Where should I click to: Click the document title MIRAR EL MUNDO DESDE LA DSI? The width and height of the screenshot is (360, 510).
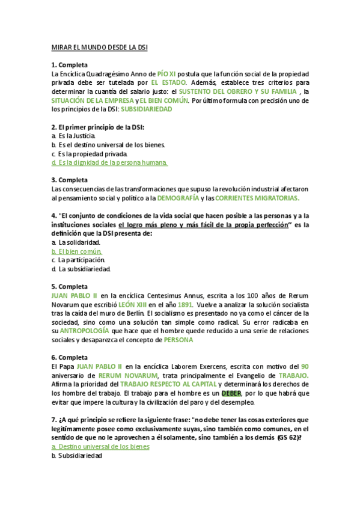[x=99, y=46]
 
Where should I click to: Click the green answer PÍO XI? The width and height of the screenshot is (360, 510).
[x=166, y=73]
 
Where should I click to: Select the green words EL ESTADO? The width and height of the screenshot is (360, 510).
[x=169, y=82]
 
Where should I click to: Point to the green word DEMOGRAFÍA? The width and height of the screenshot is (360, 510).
[x=177, y=198]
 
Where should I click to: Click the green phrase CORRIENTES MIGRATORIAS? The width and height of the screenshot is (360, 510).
[x=257, y=198]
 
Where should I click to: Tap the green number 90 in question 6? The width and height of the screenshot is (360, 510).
[x=305, y=366]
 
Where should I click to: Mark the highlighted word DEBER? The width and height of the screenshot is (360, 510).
[x=231, y=393]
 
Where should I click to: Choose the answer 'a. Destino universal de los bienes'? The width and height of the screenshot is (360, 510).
[x=101, y=447]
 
